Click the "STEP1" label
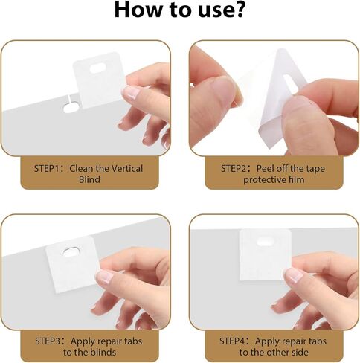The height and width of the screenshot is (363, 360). coord(48,169)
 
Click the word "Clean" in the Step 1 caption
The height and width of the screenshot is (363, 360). coord(82,169)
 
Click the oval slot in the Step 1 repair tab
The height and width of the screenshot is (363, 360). coord(96,67)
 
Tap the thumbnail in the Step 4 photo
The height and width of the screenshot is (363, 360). coord(293,274)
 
